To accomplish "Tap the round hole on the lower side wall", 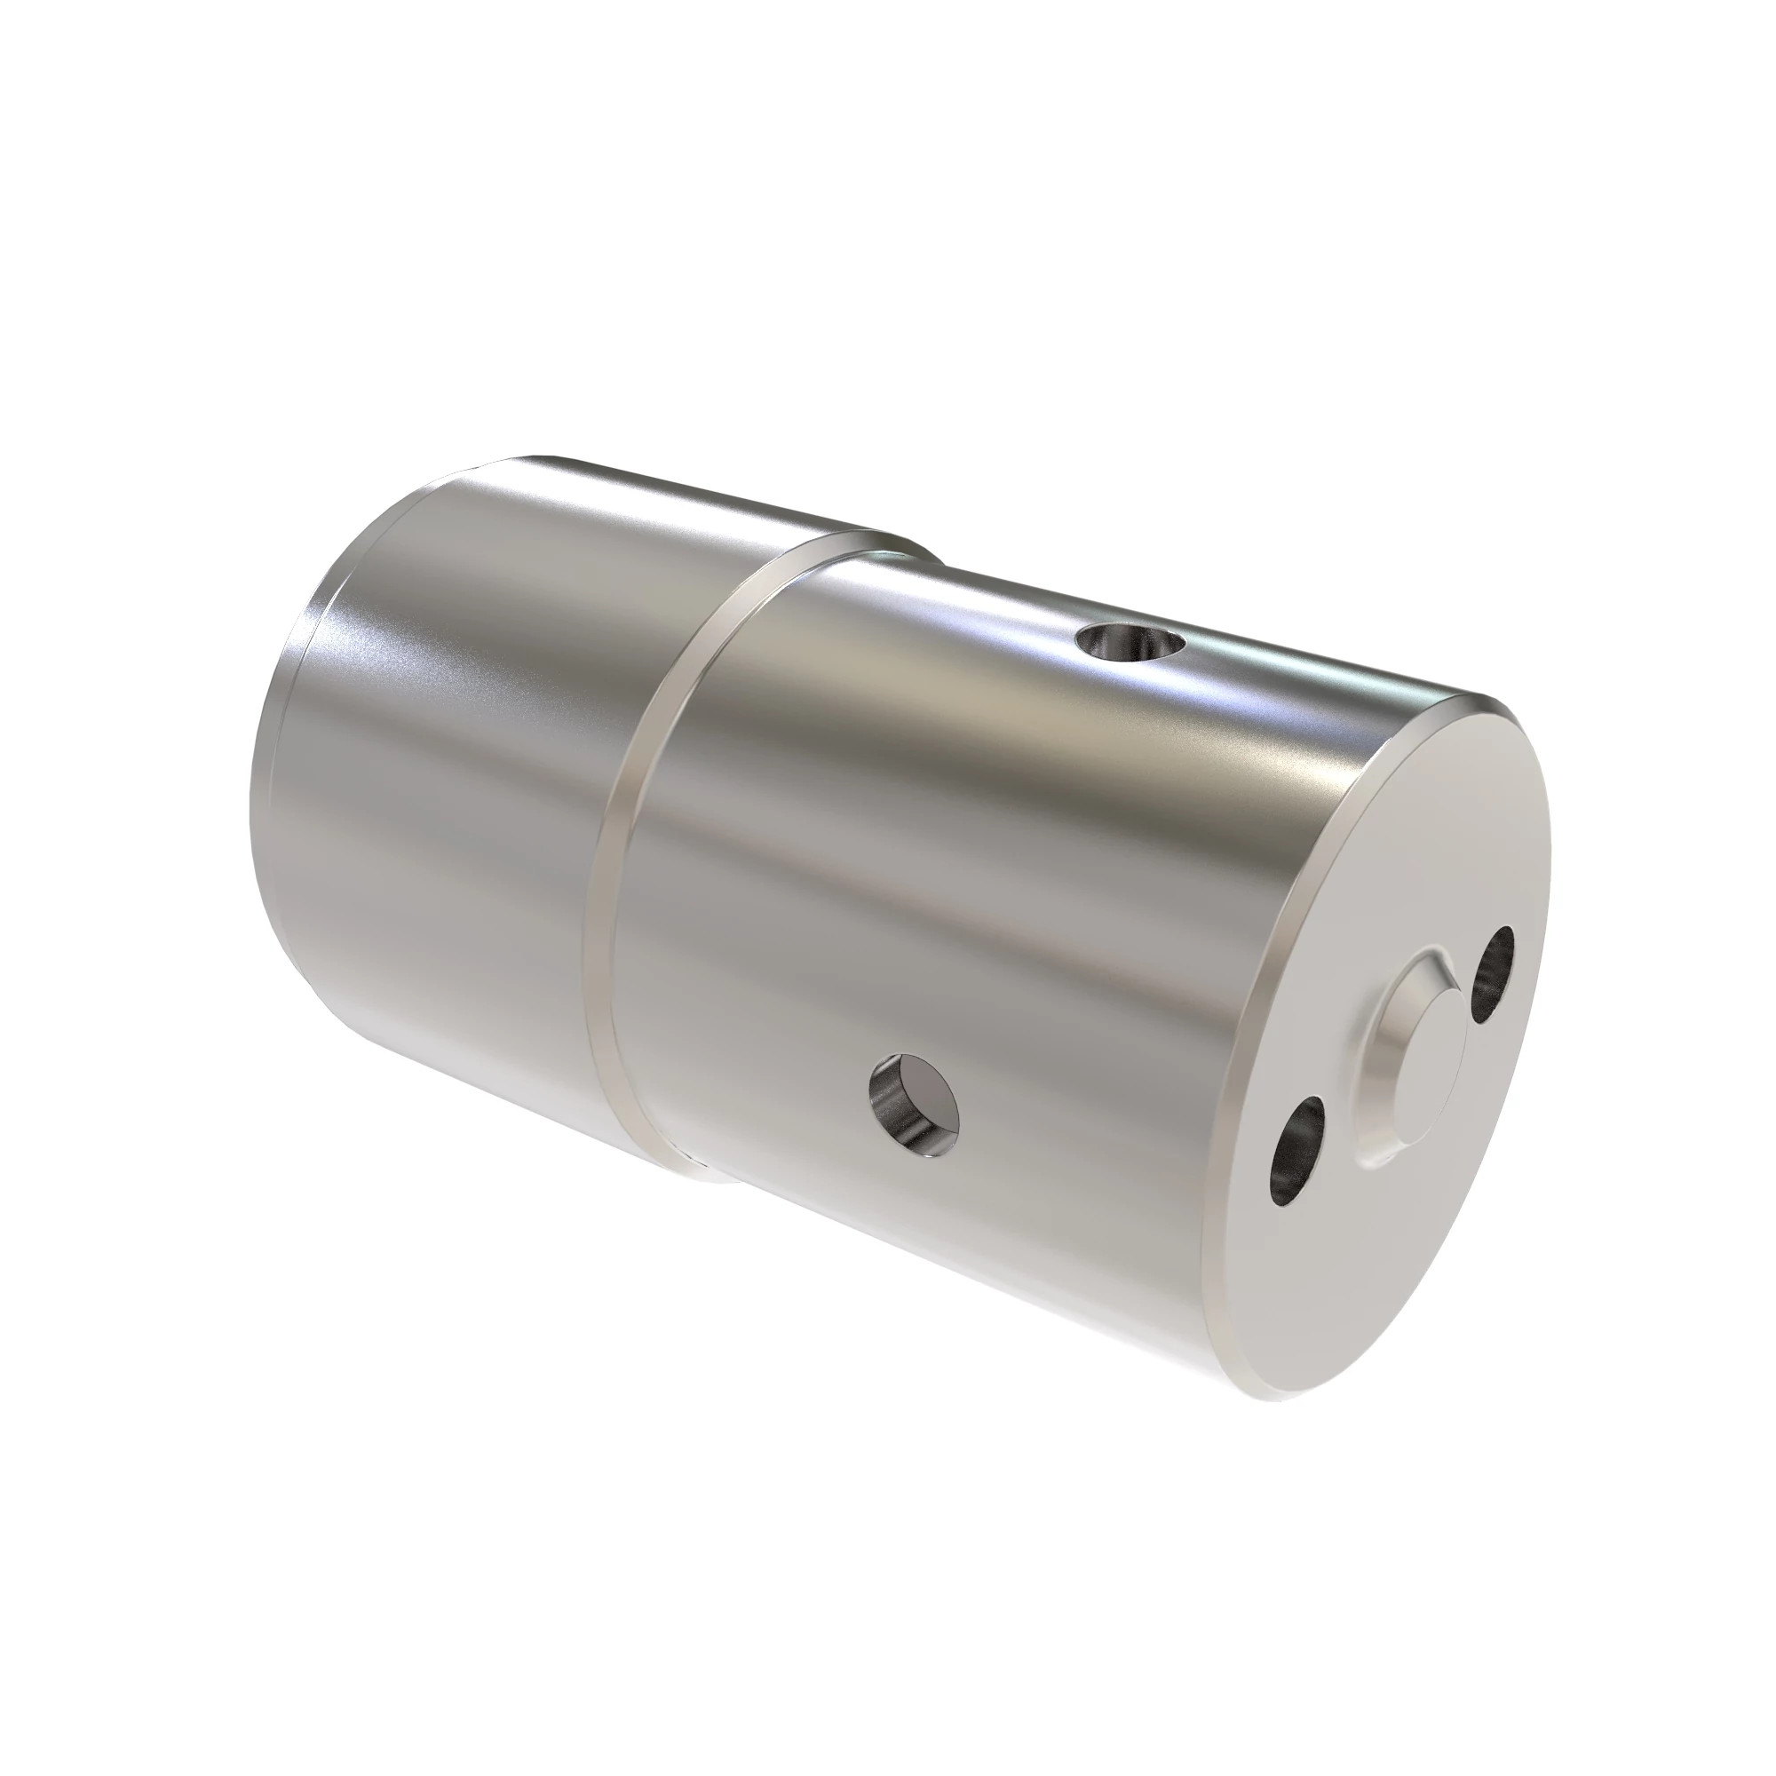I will click(x=914, y=1106).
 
